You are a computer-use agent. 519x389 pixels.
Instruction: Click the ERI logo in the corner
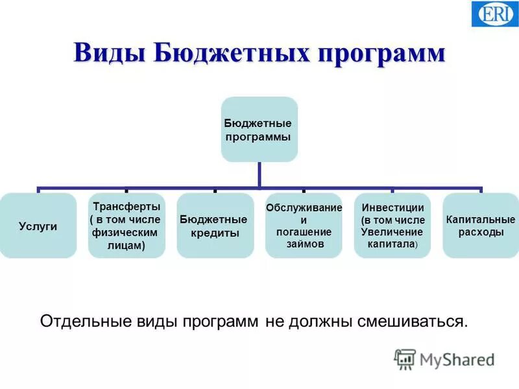click(x=494, y=14)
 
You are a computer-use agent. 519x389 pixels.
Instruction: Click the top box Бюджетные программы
click(x=259, y=130)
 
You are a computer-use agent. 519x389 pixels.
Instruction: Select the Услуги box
click(x=38, y=226)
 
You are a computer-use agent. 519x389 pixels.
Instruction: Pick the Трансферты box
click(x=127, y=226)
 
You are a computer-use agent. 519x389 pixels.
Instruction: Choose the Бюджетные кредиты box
click(x=214, y=226)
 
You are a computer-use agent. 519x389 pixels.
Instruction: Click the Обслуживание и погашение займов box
click(x=303, y=226)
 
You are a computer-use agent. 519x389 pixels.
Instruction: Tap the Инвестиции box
click(x=392, y=226)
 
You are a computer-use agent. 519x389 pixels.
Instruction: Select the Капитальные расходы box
click(x=481, y=226)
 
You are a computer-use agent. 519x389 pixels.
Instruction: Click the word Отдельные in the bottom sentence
click(x=79, y=321)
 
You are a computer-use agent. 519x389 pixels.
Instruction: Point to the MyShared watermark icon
click(x=405, y=359)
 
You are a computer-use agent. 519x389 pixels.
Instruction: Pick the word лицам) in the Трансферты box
click(x=126, y=245)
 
